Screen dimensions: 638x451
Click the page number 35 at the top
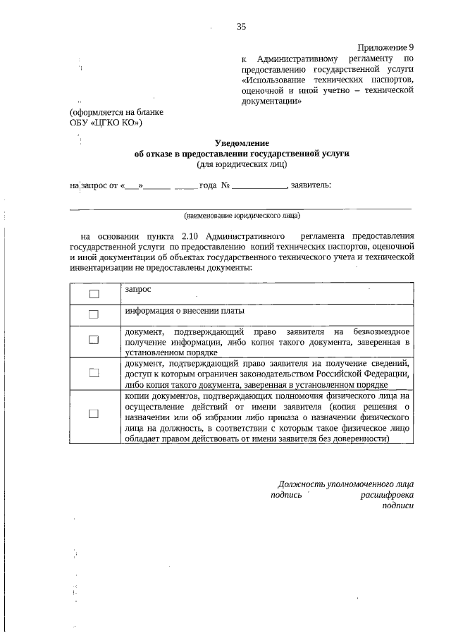point(241,27)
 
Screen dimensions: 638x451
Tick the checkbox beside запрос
point(94,293)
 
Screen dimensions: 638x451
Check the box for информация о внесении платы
point(94,314)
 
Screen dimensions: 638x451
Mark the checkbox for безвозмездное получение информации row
point(94,340)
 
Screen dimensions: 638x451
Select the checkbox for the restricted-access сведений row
point(94,373)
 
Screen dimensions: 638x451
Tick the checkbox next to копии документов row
point(94,415)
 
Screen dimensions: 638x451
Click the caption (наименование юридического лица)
point(241,215)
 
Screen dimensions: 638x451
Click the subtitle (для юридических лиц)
point(241,164)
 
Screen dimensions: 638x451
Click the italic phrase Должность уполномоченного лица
point(345,484)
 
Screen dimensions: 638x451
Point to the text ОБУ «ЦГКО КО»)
point(106,123)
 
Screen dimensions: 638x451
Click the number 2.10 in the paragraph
point(192,235)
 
